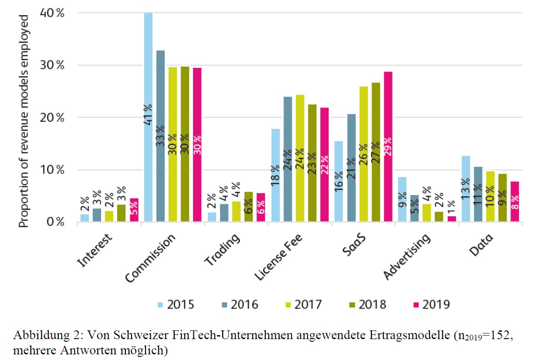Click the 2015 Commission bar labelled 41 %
[148, 118]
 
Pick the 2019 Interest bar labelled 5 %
[134, 210]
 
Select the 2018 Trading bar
[248, 207]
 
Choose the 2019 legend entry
[429, 304]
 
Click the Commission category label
[150, 257]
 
